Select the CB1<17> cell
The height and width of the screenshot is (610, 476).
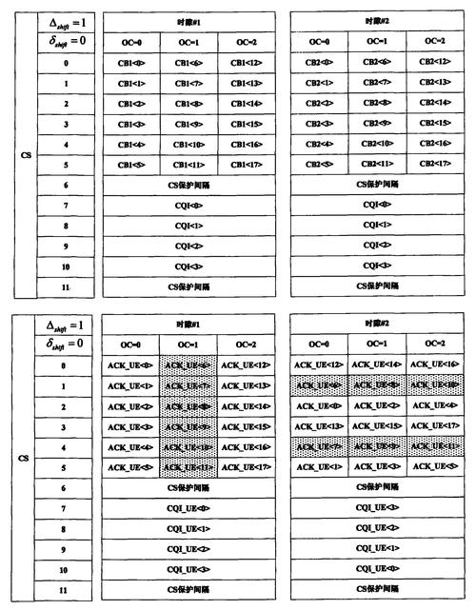246,163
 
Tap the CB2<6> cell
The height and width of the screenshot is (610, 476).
376,63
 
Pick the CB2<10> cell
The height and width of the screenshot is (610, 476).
376,143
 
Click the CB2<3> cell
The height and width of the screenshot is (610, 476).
319,123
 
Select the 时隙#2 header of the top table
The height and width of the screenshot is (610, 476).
376,20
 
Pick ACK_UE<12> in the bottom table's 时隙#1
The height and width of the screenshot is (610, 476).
246,365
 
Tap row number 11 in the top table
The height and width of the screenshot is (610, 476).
66,285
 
